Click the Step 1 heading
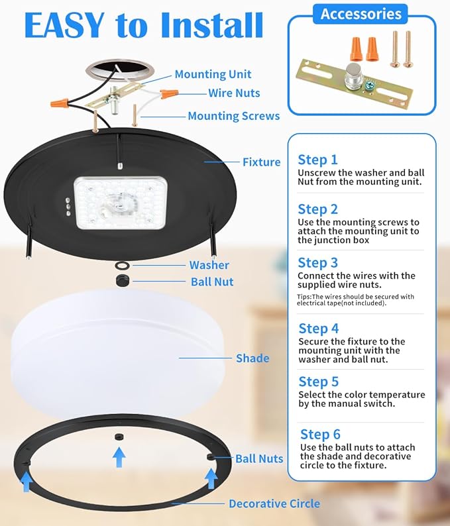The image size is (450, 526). (x=317, y=160)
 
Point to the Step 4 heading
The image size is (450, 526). (x=318, y=329)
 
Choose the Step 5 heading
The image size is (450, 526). (x=318, y=382)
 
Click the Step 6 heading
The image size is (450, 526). (x=320, y=435)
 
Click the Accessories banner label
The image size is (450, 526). (x=361, y=14)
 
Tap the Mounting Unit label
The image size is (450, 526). (x=213, y=75)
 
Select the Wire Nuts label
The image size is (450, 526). (x=234, y=93)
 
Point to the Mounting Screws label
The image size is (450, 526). (x=233, y=116)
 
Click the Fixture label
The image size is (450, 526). (x=261, y=162)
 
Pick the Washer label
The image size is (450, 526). (x=209, y=265)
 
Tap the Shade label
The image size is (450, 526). (x=253, y=358)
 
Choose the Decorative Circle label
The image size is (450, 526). (x=274, y=503)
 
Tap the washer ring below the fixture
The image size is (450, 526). (x=122, y=266)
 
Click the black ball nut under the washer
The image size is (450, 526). (x=123, y=281)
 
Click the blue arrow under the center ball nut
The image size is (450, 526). (x=119, y=458)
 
